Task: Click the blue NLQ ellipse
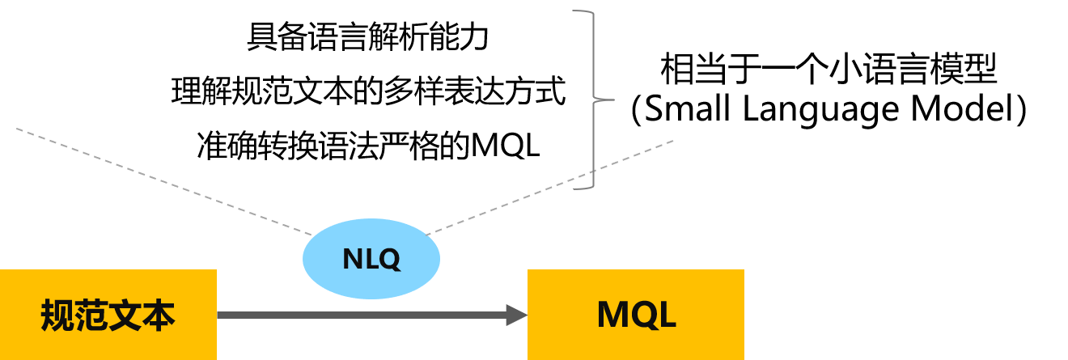(371, 259)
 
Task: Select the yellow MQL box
(635, 315)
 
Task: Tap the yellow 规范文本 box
(108, 315)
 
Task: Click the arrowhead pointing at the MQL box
(516, 315)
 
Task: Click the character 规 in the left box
(57, 316)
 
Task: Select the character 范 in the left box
(91, 316)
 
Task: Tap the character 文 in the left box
(125, 316)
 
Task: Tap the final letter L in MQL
(666, 315)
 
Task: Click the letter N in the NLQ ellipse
(354, 259)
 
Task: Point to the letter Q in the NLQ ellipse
(388, 260)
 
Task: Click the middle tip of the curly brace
(612, 100)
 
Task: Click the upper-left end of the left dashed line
(17, 128)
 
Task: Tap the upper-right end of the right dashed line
(672, 141)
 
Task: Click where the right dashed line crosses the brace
(594, 170)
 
